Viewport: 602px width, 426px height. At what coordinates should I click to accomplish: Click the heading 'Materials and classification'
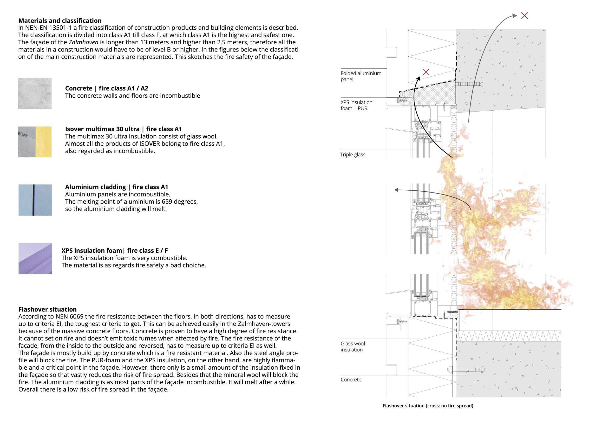60,20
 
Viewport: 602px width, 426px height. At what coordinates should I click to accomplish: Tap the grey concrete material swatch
35,93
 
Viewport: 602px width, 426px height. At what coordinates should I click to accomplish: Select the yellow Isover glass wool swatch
44,142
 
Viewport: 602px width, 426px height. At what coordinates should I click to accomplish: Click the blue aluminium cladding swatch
35,200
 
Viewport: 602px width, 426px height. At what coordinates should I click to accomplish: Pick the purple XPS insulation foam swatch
35,258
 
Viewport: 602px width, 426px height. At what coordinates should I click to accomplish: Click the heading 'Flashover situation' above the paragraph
47,309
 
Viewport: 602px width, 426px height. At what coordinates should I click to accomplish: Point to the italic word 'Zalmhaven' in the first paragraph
83,42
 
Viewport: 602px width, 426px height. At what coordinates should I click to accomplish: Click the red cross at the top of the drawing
524,16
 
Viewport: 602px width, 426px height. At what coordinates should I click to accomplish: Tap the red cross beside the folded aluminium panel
426,72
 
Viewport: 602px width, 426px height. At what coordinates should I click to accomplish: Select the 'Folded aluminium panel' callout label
361,76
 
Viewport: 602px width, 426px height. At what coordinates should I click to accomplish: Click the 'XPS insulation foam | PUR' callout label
356,105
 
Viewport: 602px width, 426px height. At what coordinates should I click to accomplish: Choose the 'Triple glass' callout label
353,154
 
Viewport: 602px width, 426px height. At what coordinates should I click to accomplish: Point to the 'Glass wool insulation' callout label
353,346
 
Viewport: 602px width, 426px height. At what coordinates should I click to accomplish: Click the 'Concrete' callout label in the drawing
351,379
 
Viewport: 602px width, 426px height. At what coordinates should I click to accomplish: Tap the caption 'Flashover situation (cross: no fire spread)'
428,406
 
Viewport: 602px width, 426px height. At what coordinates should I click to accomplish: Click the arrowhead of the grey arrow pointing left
396,190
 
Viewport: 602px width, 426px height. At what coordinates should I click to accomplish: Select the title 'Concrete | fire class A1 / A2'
106,88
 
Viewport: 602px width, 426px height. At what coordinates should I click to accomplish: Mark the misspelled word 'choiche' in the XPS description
195,265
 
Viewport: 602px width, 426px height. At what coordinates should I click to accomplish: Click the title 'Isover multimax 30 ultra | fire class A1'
123,129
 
